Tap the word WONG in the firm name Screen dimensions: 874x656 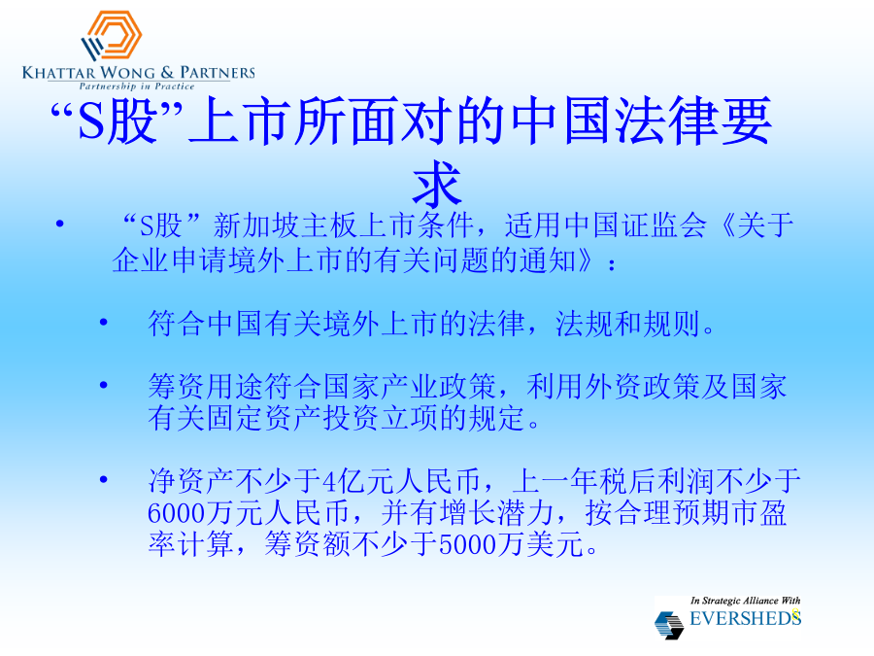click(128, 73)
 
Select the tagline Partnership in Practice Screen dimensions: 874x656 click(137, 86)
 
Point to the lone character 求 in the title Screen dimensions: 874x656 click(438, 184)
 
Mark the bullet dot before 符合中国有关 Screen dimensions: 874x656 click(103, 323)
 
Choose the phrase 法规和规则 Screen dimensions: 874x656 click(627, 324)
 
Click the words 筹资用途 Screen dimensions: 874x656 click(206, 386)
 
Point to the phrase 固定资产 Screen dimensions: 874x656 click(263, 418)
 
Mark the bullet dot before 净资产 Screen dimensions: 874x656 click(103, 480)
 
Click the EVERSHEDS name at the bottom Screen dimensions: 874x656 click(745, 618)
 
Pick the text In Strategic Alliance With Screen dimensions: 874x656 click(745, 601)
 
